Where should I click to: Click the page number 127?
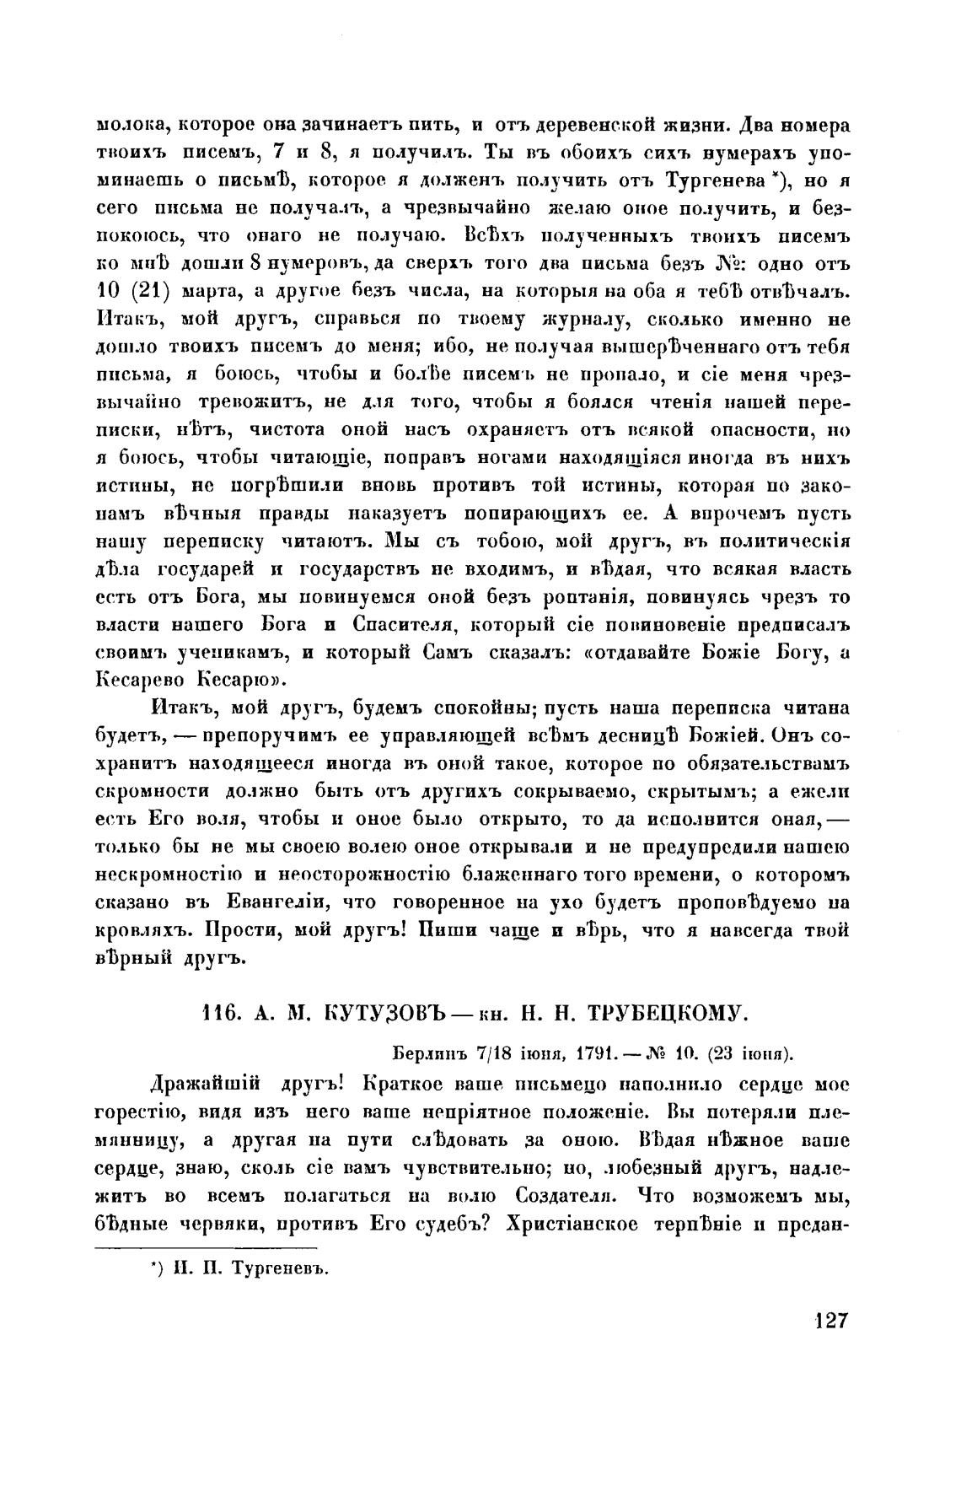[829, 1321]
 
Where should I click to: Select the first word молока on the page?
[126, 126]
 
